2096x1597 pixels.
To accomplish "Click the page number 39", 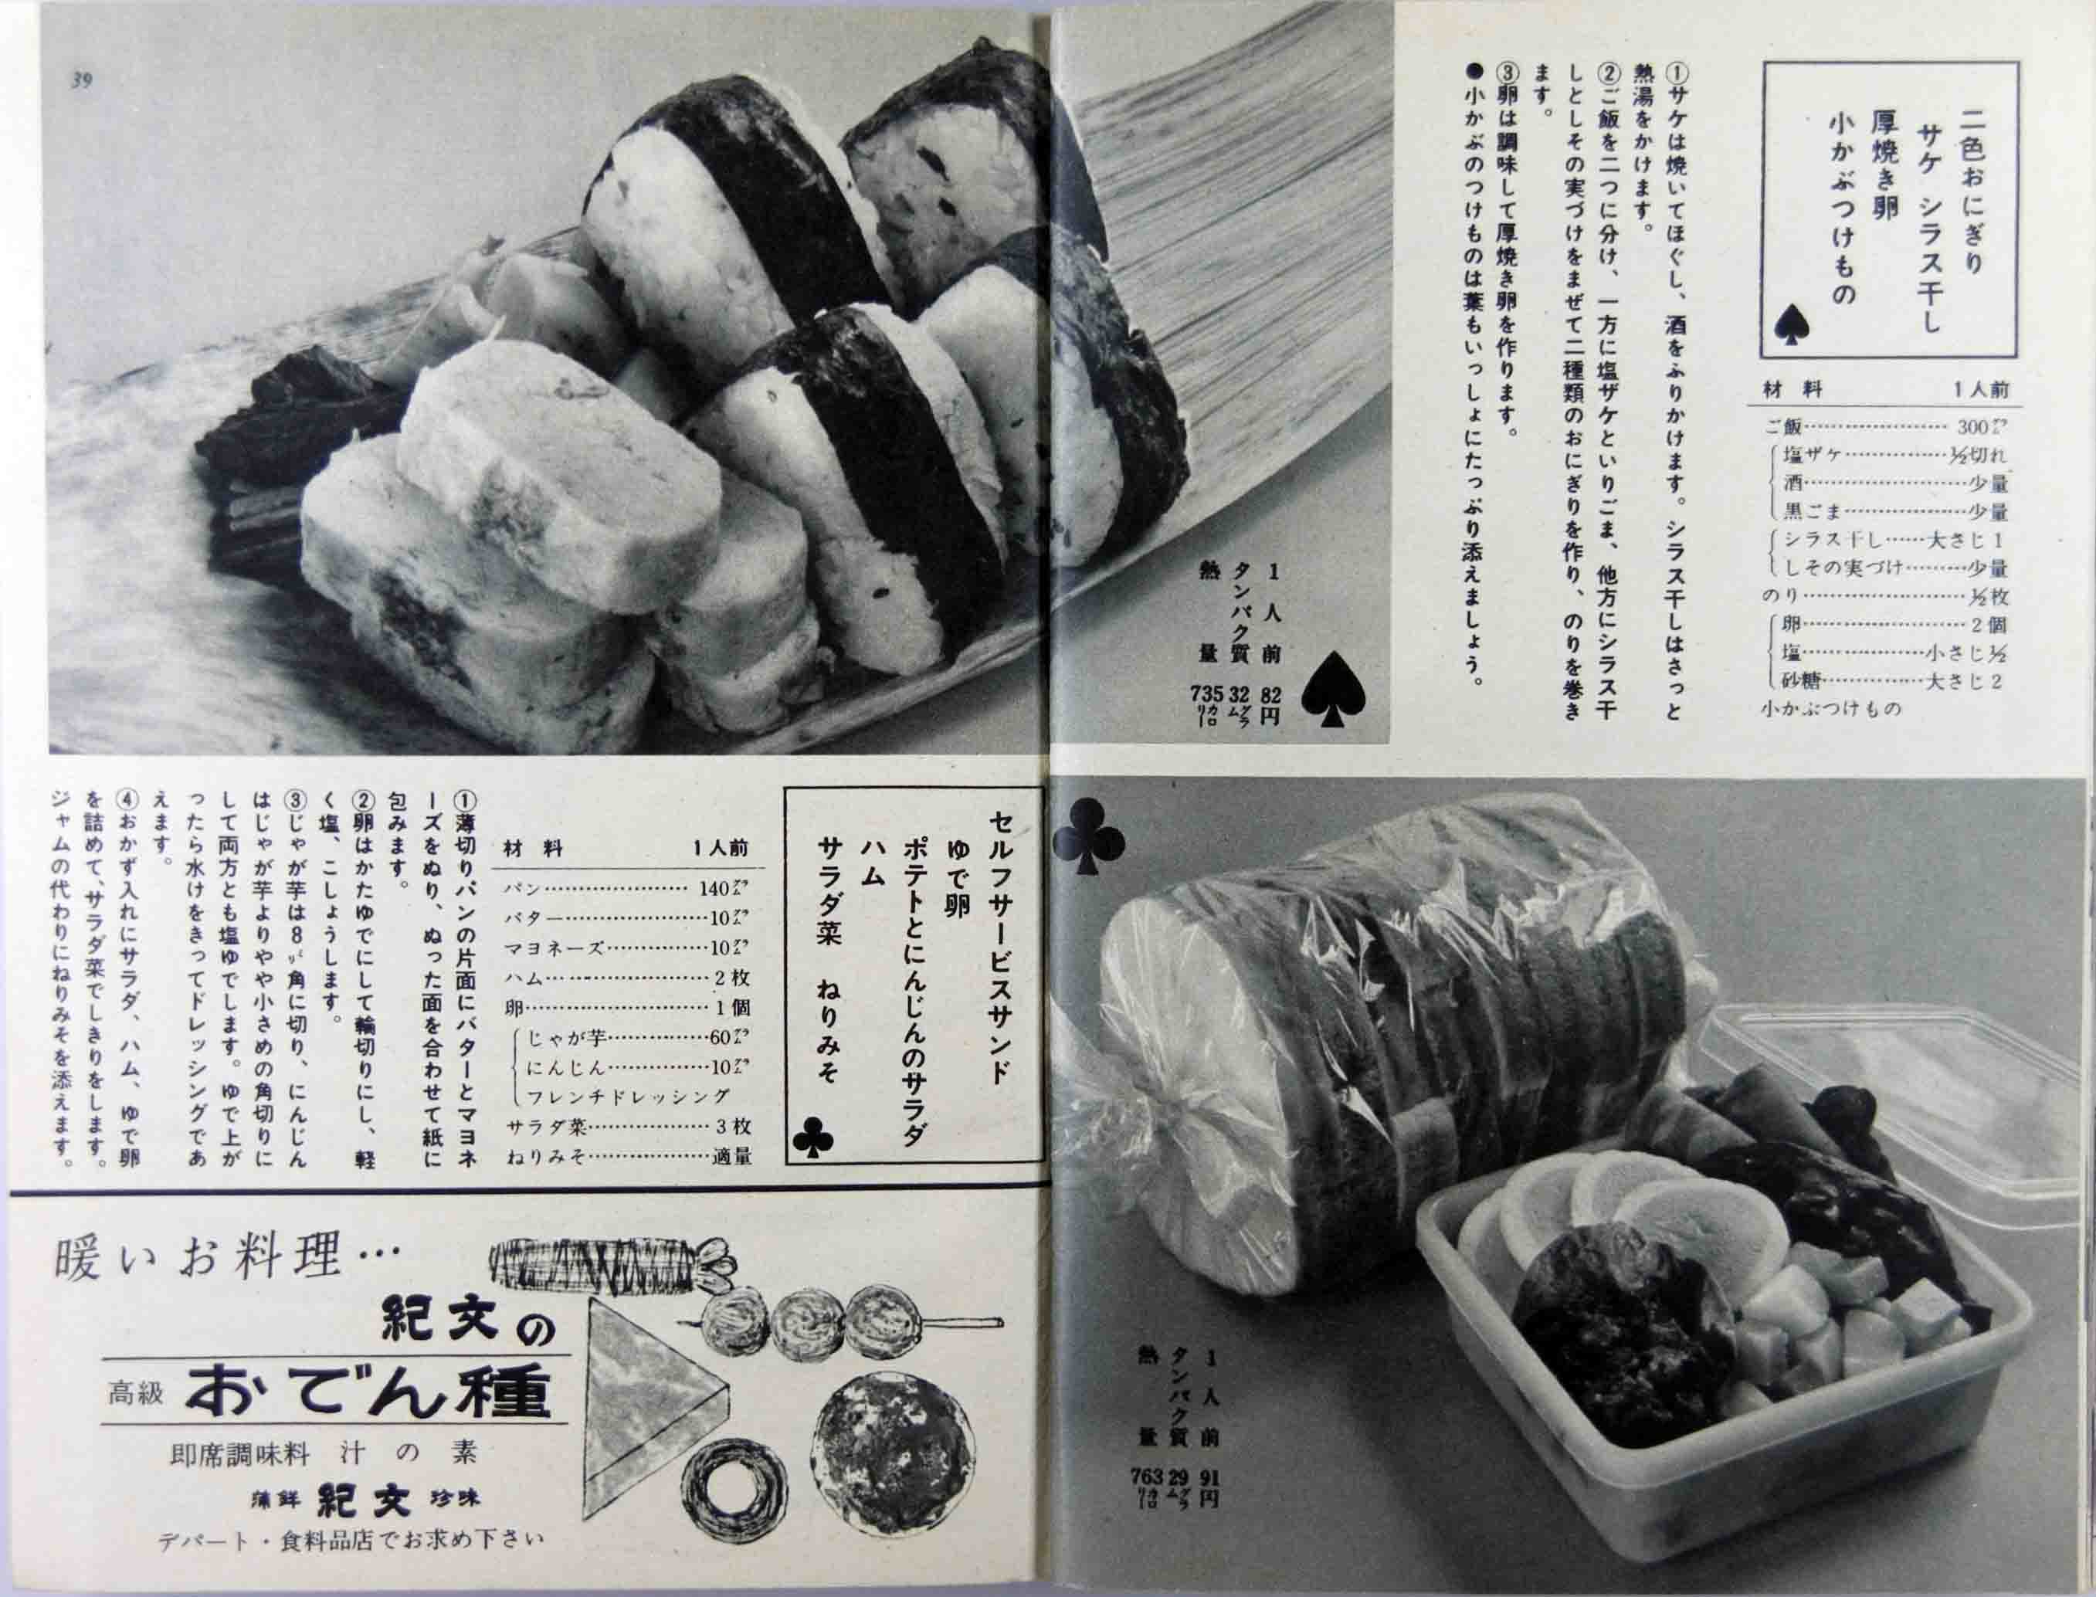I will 81,82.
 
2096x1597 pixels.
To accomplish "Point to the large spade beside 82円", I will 1338,697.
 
